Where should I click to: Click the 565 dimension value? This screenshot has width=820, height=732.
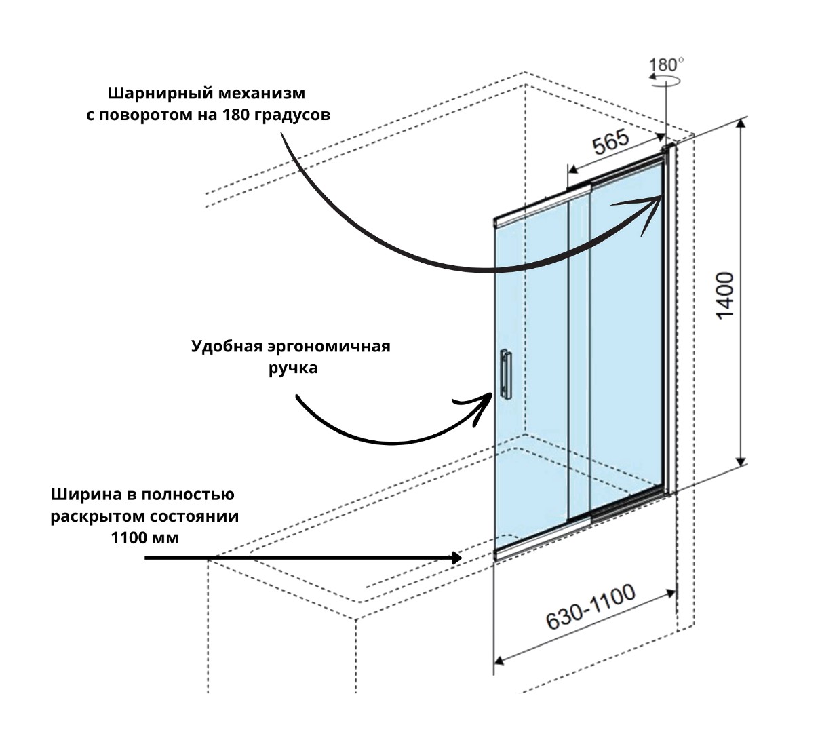611,143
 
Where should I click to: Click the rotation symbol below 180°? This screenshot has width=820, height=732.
667,80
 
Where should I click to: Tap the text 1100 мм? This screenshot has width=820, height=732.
144,538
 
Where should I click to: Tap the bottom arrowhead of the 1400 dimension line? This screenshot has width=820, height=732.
741,459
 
